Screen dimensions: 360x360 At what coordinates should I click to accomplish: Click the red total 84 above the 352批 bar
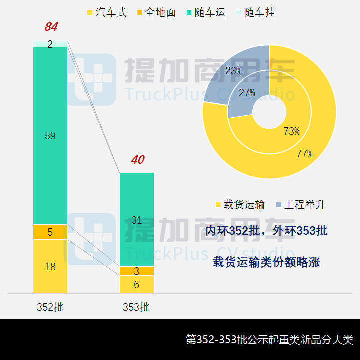[51, 27]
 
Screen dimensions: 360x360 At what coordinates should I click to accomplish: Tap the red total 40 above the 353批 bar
[137, 160]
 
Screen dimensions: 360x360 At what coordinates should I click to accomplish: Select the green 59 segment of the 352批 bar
[50, 135]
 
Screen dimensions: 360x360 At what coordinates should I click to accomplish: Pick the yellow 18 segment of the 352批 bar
[50, 267]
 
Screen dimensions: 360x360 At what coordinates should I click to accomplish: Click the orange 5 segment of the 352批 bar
[50, 232]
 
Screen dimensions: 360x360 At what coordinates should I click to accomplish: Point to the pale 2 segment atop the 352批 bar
[50, 44]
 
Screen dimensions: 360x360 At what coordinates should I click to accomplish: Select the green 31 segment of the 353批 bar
[137, 220]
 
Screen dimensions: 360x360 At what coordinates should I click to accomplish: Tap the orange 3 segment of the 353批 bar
[137, 271]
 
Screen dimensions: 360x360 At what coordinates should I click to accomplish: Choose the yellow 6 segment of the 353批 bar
[137, 285]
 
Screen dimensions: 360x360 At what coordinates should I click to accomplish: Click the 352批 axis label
[50, 307]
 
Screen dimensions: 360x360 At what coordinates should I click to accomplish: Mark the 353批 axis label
[136, 307]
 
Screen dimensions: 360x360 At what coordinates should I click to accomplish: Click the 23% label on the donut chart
[233, 71]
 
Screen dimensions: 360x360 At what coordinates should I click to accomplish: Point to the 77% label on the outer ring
[304, 154]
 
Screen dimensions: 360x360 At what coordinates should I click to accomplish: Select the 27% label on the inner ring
[247, 92]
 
